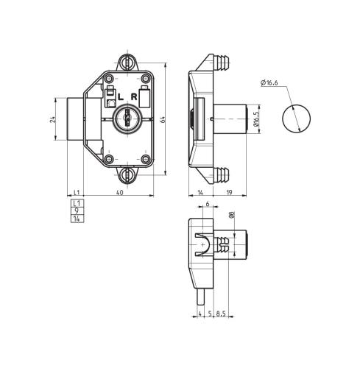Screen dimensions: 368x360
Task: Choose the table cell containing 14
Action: tap(75, 217)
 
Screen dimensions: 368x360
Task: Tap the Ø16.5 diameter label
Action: tap(256, 119)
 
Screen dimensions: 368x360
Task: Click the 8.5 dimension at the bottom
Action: tap(222, 314)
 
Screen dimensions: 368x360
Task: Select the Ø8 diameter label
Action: tap(232, 216)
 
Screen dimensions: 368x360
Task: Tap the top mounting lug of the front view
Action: tap(128, 57)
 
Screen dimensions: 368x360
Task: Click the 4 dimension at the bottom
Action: tap(200, 314)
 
